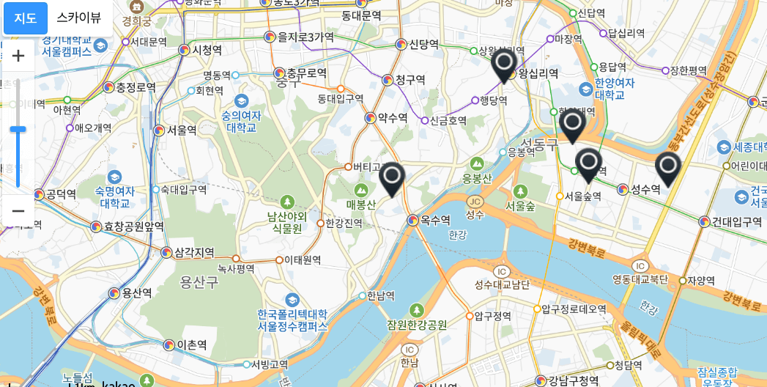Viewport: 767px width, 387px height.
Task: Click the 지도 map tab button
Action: [26, 18]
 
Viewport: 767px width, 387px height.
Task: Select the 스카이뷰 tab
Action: [79, 18]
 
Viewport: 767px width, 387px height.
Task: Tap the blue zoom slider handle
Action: [18, 129]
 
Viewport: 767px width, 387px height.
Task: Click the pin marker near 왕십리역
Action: [504, 65]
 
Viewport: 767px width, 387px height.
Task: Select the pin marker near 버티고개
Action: [392, 178]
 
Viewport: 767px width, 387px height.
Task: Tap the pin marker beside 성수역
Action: [667, 168]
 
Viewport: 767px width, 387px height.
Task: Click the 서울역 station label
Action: [182, 130]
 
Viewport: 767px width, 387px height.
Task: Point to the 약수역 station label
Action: [392, 117]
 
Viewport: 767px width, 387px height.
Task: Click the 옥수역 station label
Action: [434, 219]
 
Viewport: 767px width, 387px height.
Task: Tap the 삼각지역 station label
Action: [194, 253]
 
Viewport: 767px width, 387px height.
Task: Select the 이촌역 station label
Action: [191, 344]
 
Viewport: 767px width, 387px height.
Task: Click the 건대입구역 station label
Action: [737, 221]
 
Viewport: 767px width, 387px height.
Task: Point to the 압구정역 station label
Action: [492, 316]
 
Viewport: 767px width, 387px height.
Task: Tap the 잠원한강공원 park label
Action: [417, 325]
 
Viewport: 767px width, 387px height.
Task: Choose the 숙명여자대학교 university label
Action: [114, 196]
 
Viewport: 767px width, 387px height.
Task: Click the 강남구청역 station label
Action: [573, 380]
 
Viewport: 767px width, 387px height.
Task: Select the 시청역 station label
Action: [207, 50]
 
